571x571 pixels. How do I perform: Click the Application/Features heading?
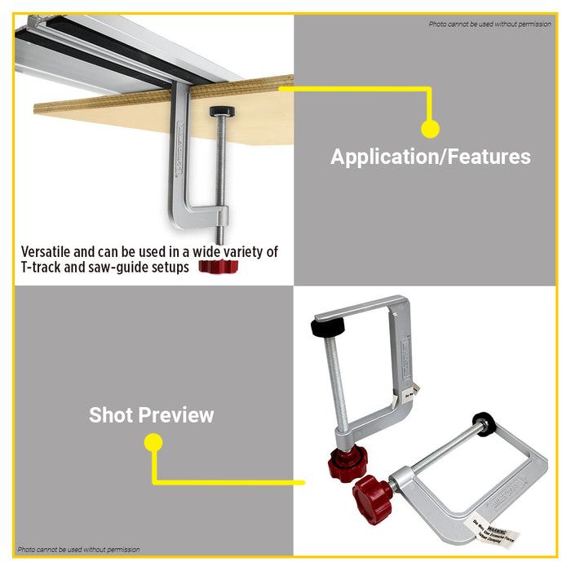[x=430, y=157]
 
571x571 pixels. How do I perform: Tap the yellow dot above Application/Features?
[x=430, y=128]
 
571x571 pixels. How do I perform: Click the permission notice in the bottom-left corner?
[x=78, y=550]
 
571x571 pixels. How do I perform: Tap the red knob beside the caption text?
[x=217, y=267]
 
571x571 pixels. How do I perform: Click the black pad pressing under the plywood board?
[x=219, y=111]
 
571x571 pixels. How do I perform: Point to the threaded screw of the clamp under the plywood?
[x=219, y=163]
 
